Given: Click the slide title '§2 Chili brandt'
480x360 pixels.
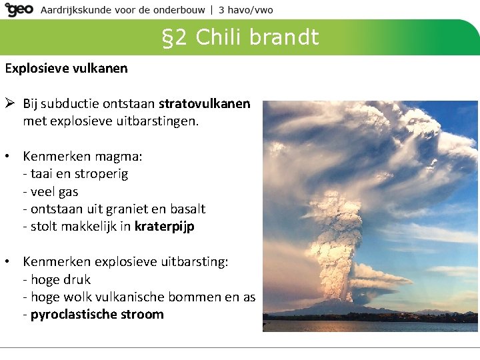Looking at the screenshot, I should (241, 37).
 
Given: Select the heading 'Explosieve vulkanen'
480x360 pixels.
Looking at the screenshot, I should (67, 68).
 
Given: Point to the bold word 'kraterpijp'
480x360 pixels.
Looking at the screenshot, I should (164, 227).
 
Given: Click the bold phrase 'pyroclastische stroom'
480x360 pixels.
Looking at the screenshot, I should (97, 315).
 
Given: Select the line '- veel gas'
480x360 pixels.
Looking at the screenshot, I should (50, 192).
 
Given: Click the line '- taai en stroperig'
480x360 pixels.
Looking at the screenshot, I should (75, 175).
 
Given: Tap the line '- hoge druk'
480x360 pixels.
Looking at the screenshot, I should (57, 279).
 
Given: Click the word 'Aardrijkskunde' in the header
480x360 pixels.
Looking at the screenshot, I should (77, 10).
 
